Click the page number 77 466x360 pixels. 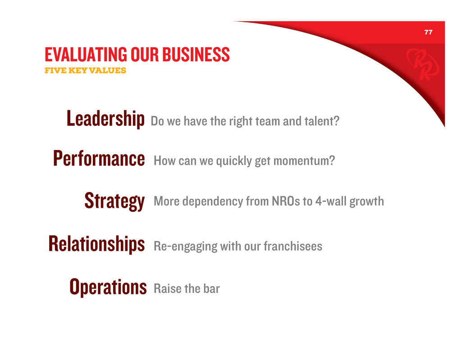(428, 32)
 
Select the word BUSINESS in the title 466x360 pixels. (196, 55)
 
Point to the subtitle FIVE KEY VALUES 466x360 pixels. (85, 70)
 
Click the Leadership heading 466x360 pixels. (105, 118)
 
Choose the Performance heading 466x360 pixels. (99, 158)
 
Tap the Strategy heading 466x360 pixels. (115, 201)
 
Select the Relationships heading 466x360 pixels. (96, 244)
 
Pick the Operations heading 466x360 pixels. (108, 287)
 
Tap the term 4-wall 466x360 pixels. (331, 201)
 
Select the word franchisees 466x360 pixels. (293, 246)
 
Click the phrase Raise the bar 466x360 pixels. (187, 289)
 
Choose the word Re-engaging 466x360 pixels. (185, 247)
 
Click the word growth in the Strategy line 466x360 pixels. (367, 202)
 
